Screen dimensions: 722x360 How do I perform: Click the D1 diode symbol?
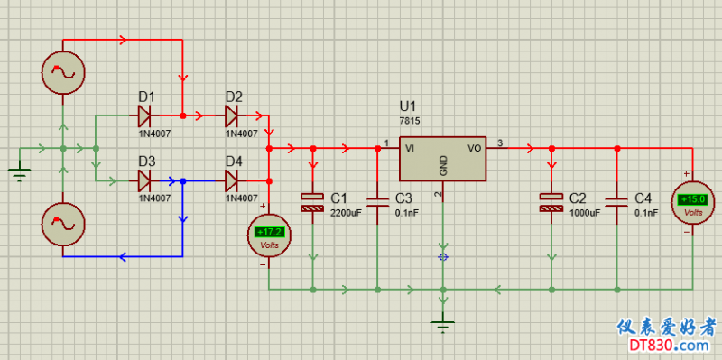coord(144,115)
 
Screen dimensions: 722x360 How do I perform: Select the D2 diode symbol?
coord(231,115)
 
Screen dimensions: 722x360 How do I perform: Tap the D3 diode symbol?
coord(144,181)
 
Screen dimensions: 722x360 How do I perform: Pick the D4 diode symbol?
coord(231,181)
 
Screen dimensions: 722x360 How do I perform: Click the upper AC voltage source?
coord(63,72)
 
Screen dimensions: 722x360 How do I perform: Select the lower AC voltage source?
coord(63,224)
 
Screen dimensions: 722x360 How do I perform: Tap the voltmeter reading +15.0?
coord(692,203)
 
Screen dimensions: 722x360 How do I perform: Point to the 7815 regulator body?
coord(442,159)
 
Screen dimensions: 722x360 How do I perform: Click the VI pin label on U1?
coord(411,148)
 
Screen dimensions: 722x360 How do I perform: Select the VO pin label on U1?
coord(475,148)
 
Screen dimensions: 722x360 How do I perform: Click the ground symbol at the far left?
coord(19,174)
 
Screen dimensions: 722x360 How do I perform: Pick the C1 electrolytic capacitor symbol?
coord(312,203)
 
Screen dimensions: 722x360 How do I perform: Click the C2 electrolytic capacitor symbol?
coord(551,203)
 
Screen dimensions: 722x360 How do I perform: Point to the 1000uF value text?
coord(585,213)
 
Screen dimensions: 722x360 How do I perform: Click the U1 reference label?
coord(408,106)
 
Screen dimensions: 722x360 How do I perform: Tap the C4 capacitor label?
coord(643,198)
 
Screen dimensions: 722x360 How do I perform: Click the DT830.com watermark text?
coord(668,345)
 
